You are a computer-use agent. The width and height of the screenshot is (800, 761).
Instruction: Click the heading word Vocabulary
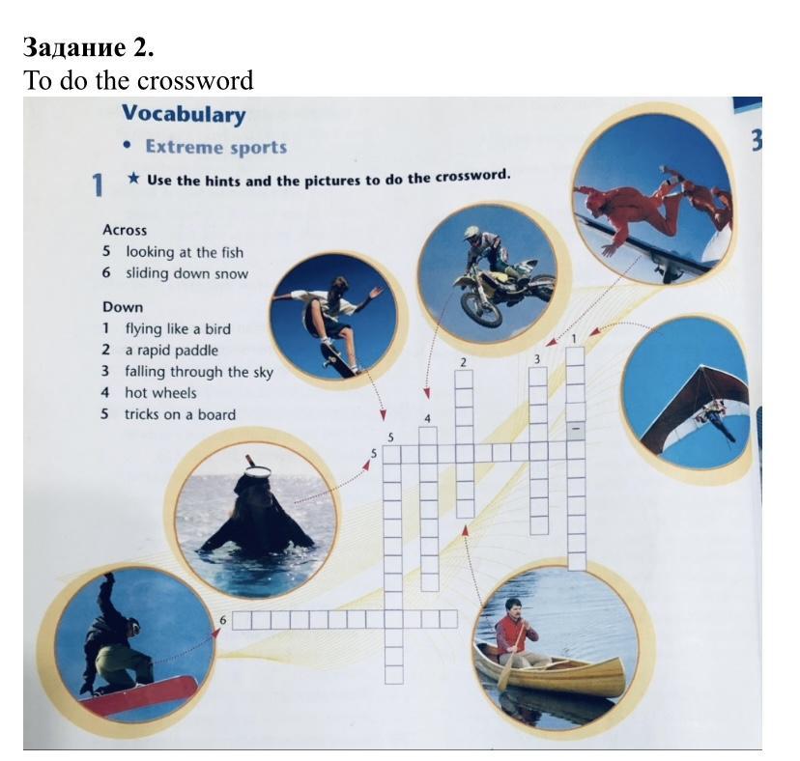click(184, 114)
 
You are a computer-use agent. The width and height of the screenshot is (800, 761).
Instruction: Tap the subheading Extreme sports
click(216, 148)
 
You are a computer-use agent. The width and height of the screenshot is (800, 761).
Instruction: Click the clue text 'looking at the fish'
click(185, 252)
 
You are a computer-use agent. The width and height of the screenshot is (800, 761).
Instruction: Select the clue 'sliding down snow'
click(186, 274)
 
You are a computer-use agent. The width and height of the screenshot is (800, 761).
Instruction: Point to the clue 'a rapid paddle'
click(171, 351)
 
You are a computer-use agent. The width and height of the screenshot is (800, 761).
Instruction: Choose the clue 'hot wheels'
click(160, 393)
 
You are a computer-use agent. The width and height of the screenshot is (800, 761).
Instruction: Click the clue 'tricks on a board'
click(180, 414)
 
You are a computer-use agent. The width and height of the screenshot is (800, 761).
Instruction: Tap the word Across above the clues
click(125, 230)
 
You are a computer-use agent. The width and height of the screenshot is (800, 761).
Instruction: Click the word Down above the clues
click(123, 307)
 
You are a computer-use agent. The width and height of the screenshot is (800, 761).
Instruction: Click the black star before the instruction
click(133, 179)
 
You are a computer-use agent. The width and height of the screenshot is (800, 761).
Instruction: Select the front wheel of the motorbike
click(480, 307)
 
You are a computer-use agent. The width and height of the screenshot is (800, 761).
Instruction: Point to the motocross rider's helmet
click(471, 233)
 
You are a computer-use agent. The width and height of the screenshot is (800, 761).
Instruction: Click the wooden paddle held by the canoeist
click(511, 658)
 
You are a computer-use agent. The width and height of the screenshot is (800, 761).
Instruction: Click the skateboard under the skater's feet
click(339, 359)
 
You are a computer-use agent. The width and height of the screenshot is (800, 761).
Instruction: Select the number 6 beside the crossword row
click(222, 620)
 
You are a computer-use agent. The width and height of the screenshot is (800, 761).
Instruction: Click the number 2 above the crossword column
click(463, 363)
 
